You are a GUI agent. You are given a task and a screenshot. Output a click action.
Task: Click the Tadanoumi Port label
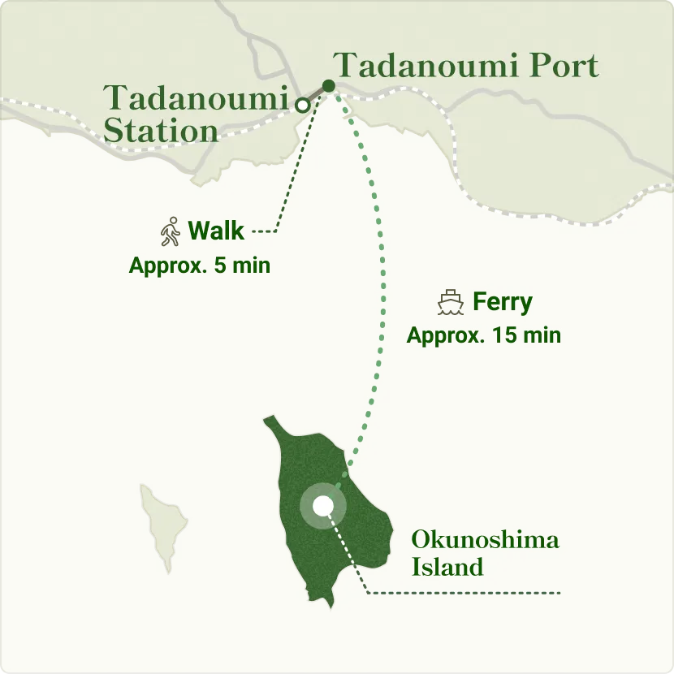466,66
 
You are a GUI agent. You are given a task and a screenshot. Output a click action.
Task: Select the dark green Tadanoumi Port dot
328,86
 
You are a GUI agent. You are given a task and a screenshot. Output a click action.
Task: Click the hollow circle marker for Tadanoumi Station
302,105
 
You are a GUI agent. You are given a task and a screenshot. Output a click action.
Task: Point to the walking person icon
170,231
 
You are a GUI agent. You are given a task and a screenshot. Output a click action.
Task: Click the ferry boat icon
450,303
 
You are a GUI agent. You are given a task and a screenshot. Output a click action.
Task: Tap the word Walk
216,231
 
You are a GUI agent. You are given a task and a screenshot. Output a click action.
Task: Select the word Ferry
503,302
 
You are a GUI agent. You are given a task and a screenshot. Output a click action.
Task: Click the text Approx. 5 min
199,266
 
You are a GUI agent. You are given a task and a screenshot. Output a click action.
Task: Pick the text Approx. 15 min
483,335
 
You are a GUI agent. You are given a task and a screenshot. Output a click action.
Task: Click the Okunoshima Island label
485,552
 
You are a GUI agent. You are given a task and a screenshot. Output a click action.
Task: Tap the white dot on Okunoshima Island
323,506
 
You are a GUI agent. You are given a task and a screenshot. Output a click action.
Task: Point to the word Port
564,66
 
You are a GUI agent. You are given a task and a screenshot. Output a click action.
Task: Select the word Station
162,130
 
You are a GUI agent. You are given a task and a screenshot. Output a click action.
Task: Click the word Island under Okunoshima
447,566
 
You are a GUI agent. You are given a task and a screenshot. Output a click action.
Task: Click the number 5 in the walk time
219,266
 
